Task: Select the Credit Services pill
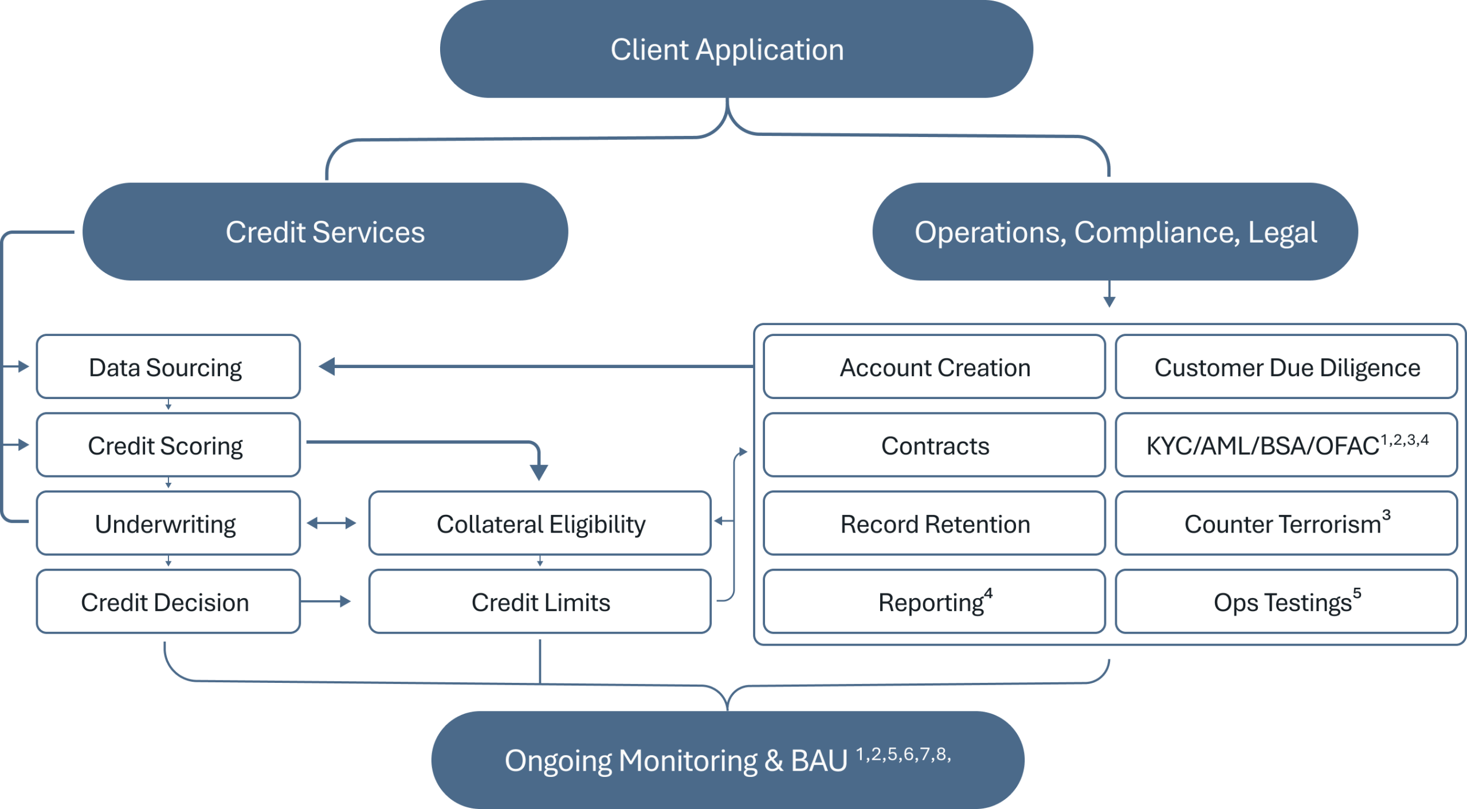click(325, 232)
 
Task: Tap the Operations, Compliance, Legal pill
click(1115, 232)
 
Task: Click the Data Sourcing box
click(168, 367)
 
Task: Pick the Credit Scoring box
click(168, 445)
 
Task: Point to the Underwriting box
click(168, 523)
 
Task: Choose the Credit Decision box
click(168, 601)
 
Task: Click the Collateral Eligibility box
click(540, 523)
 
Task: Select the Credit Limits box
click(540, 601)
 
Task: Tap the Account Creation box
click(934, 367)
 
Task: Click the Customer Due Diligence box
click(1286, 367)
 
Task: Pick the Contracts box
click(934, 445)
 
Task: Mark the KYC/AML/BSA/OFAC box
click(1286, 445)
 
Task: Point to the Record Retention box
click(934, 523)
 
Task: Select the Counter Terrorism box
click(1286, 523)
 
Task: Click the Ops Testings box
click(1286, 601)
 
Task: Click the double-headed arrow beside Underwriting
click(331, 523)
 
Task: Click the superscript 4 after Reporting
click(989, 594)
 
